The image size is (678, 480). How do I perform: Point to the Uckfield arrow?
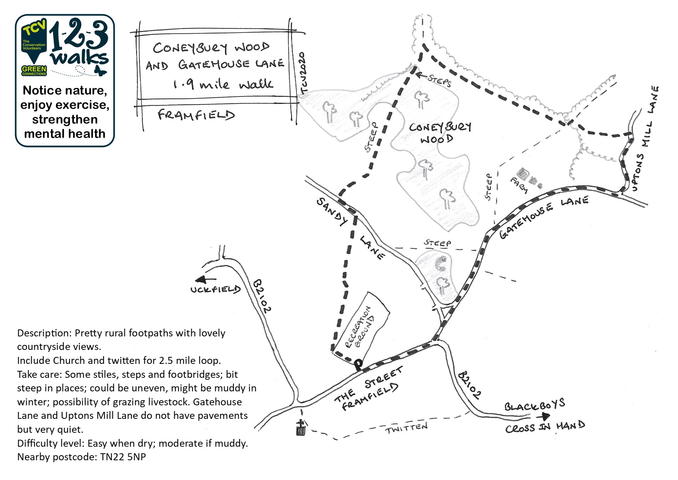pos(205,280)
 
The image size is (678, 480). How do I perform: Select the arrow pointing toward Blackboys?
pos(544,417)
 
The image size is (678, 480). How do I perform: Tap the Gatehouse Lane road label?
pos(543,217)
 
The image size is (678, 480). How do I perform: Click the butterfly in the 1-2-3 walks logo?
pos(100,70)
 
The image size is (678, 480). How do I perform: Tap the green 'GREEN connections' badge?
pos(34,70)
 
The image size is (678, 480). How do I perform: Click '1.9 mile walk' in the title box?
pos(223,84)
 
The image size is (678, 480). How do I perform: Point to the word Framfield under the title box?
pos(196,115)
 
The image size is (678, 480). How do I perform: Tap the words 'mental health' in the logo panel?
pos(65,134)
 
